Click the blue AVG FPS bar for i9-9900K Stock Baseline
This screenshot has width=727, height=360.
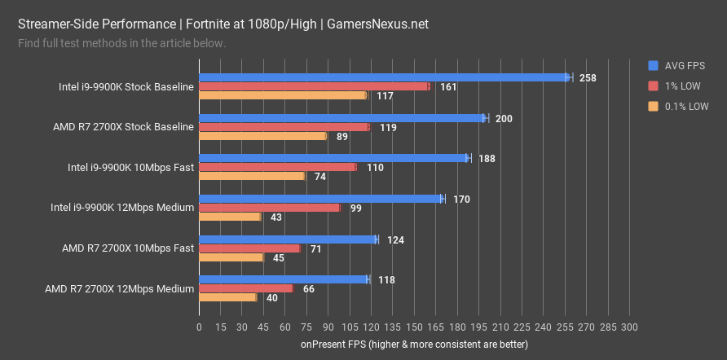point(383,77)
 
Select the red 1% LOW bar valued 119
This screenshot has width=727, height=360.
point(284,127)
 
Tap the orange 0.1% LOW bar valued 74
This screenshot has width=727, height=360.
point(251,176)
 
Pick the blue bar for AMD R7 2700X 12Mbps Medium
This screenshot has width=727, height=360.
point(284,279)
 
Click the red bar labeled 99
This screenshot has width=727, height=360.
point(269,208)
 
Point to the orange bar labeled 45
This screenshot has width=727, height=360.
point(231,257)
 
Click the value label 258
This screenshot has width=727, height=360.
point(588,78)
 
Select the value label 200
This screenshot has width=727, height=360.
point(504,119)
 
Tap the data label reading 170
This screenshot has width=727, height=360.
point(460,199)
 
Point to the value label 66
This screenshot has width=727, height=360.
point(309,289)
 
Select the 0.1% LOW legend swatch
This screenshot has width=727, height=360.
point(653,106)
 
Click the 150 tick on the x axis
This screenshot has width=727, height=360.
point(414,327)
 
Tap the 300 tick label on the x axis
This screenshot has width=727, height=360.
point(628,327)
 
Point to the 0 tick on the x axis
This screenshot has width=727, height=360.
point(199,327)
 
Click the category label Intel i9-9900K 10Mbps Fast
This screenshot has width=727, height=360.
point(130,167)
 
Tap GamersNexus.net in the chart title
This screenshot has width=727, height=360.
point(377,24)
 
